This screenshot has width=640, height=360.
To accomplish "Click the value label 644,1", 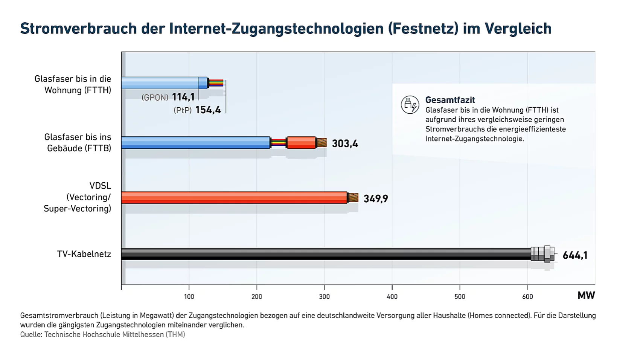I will pyautogui.click(x=575, y=255).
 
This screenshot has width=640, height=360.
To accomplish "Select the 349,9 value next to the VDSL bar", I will pyautogui.click(x=375, y=198).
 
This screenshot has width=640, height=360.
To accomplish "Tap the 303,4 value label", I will pyautogui.click(x=345, y=143).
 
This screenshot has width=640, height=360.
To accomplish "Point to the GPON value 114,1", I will pyautogui.click(x=183, y=97).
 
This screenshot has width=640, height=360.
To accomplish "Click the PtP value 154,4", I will pyautogui.click(x=208, y=110).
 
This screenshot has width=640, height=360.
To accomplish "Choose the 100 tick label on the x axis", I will pyautogui.click(x=189, y=297).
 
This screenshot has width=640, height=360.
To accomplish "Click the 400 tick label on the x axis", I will pyautogui.click(x=392, y=297).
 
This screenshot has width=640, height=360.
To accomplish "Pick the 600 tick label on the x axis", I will pyautogui.click(x=527, y=297).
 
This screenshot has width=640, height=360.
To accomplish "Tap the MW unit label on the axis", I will pyautogui.click(x=586, y=296).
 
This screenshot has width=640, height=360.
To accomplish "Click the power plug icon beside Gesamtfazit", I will pyautogui.click(x=410, y=105).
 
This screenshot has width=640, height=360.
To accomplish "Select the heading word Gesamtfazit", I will pyautogui.click(x=450, y=100).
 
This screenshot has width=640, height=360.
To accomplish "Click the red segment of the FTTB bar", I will pyautogui.click(x=301, y=143).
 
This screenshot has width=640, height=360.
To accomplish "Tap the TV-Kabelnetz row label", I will pyautogui.click(x=84, y=254).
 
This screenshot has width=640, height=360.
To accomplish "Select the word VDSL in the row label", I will pyautogui.click(x=100, y=186).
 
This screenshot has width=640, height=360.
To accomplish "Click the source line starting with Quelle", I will pyautogui.click(x=102, y=334).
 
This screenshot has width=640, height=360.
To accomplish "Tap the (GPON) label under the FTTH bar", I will pyautogui.click(x=155, y=98).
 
